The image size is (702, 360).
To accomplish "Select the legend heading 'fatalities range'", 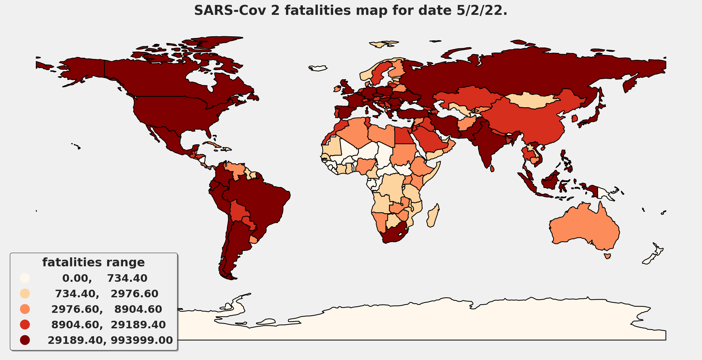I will [x=93, y=262].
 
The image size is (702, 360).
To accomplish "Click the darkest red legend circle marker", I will [x=25, y=340].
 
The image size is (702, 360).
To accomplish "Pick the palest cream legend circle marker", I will [x=25, y=278].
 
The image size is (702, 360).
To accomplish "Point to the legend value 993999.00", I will [x=142, y=340].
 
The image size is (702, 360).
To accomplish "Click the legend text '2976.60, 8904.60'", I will [x=106, y=309].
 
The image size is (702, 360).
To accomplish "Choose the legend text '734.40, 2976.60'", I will [x=106, y=294].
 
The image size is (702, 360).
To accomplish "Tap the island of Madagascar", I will [x=433, y=216].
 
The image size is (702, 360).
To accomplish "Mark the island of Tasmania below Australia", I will [x=607, y=256].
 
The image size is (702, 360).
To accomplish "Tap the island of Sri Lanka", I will [x=492, y=169].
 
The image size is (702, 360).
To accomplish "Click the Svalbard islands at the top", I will [x=383, y=44].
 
